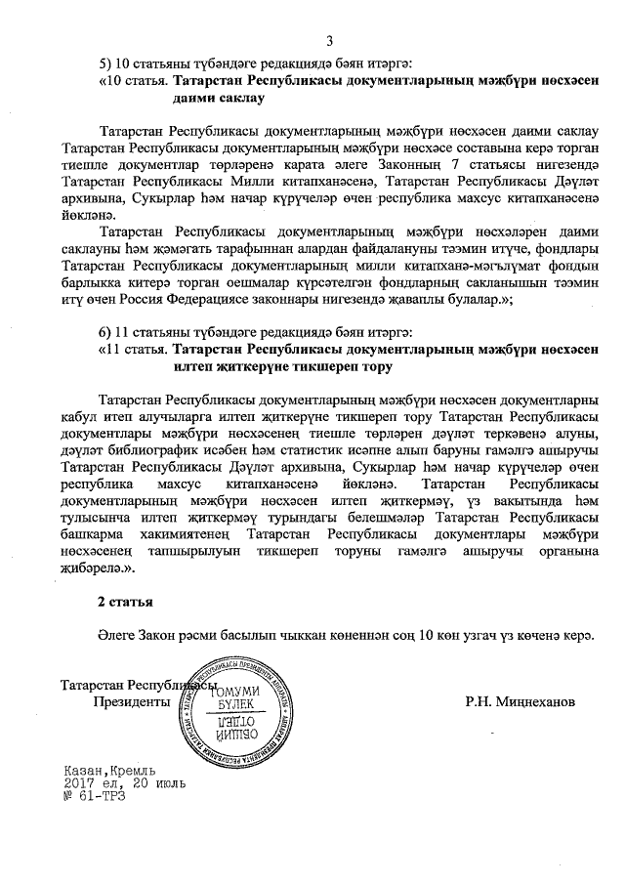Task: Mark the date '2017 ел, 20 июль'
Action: [122, 783]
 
